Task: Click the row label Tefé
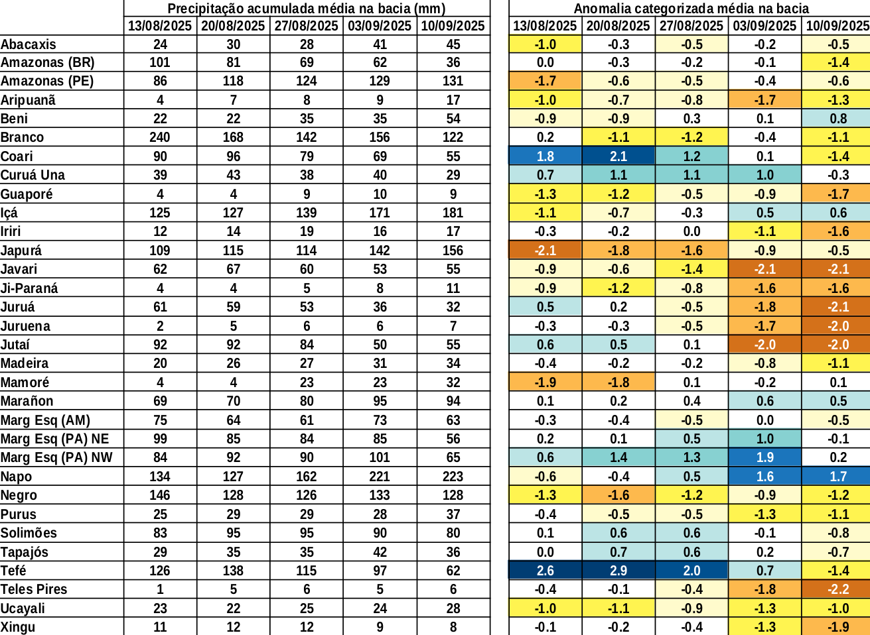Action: [14, 571]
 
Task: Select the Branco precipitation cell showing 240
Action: [160, 137]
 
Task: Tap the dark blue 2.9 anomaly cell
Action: [618, 571]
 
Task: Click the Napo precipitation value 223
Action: [453, 477]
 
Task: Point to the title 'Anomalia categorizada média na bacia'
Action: [691, 9]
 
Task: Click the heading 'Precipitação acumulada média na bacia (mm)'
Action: [306, 9]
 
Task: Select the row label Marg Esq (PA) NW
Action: [56, 457]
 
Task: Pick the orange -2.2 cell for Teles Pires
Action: [838, 589]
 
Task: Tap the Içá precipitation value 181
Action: [453, 213]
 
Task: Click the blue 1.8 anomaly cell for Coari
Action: [545, 156]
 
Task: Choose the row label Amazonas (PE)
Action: [47, 81]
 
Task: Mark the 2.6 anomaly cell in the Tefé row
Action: [545, 571]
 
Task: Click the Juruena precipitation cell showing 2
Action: [160, 326]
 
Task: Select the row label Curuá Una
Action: [33, 175]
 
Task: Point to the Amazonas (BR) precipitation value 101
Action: [160, 62]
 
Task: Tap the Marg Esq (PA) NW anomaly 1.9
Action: [764, 457]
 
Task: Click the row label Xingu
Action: [18, 627]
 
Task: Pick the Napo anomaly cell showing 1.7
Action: [838, 477]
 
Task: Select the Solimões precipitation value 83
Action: [160, 533]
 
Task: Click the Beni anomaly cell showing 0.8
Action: [838, 119]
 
